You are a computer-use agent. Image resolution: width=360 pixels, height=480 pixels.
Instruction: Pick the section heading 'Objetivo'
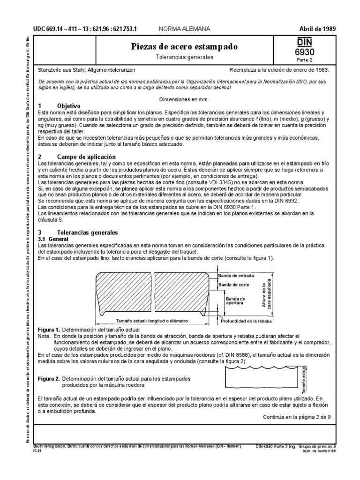69,106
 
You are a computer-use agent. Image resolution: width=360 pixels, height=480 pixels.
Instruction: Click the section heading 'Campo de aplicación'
85,156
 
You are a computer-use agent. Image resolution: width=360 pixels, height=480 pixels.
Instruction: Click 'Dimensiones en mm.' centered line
184,99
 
